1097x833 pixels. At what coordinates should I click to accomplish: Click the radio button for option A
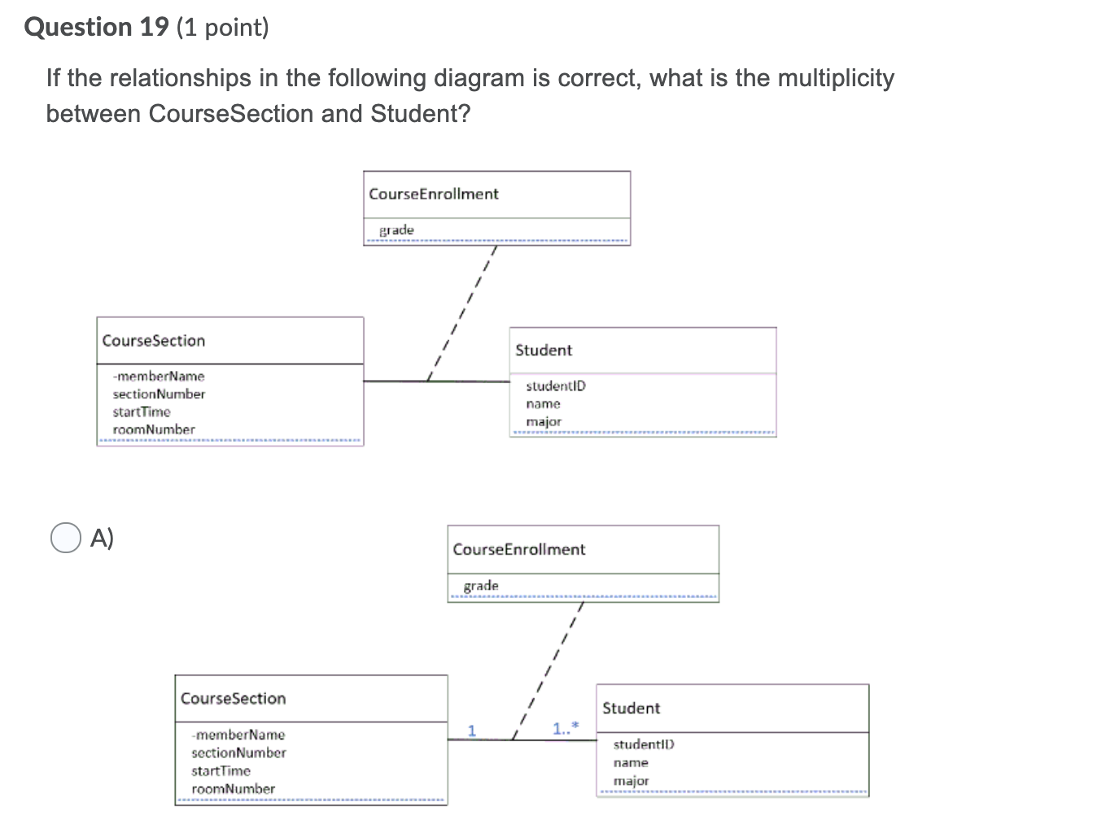click(65, 538)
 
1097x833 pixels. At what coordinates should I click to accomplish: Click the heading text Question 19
click(96, 28)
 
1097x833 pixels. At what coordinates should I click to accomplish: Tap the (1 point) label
click(222, 28)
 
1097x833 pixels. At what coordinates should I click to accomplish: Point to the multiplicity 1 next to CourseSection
click(471, 729)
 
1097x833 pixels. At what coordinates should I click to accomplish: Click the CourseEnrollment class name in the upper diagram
click(433, 194)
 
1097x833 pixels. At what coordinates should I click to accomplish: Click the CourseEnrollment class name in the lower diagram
click(518, 550)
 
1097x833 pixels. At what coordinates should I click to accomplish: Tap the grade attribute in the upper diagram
click(396, 230)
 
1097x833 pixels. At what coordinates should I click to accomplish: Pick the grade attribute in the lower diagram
click(481, 586)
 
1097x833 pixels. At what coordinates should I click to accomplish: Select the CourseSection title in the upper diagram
click(154, 341)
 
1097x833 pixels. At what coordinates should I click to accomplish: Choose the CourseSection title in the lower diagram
click(233, 699)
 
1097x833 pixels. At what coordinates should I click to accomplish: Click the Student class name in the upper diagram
click(544, 351)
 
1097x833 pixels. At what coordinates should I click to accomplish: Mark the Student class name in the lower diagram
click(631, 709)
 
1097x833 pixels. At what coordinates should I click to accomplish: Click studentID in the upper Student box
click(555, 386)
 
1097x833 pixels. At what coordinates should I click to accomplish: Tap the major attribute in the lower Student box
click(631, 781)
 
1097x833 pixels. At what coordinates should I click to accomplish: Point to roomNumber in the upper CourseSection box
click(154, 430)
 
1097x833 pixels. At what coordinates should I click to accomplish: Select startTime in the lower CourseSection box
click(221, 771)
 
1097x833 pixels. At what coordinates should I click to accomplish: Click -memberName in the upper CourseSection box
click(159, 377)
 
